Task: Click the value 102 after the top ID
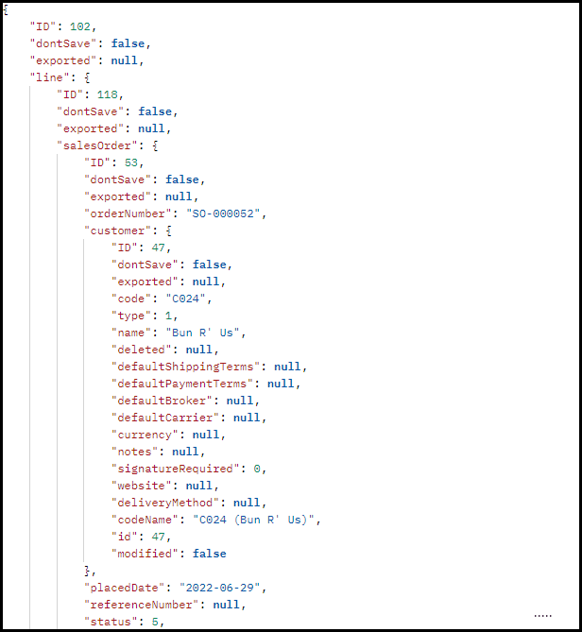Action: pyautogui.click(x=80, y=26)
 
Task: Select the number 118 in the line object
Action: pyautogui.click(x=107, y=94)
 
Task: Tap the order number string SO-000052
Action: pyautogui.click(x=223, y=214)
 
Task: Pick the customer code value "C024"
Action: pyautogui.click(x=186, y=299)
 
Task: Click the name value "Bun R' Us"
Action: pyautogui.click(x=203, y=333)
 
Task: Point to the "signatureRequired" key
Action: pyautogui.click(x=176, y=469)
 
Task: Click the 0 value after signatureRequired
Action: pyautogui.click(x=257, y=469)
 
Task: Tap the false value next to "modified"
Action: pyautogui.click(x=209, y=554)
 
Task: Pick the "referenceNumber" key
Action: pyautogui.click(x=142, y=605)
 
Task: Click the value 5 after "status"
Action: pyautogui.click(x=155, y=622)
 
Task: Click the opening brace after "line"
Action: pyautogui.click(x=87, y=77)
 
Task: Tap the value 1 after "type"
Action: pyautogui.click(x=168, y=316)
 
